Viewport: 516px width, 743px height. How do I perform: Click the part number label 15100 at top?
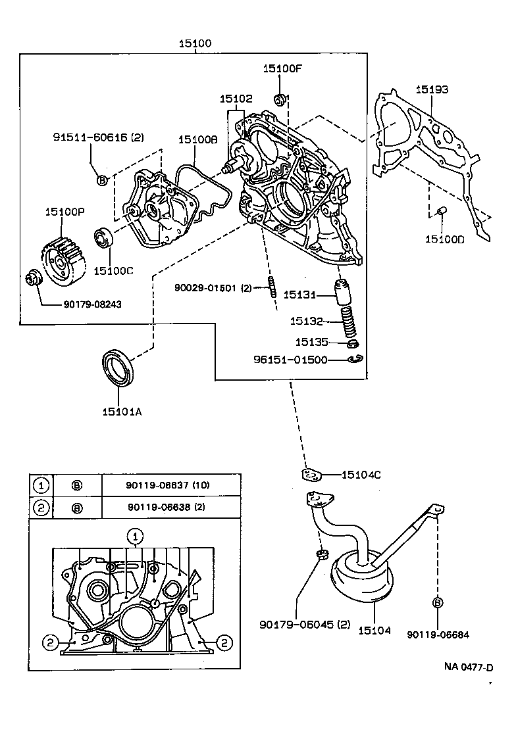pyautogui.click(x=195, y=44)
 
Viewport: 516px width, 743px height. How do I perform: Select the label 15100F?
pyautogui.click(x=281, y=69)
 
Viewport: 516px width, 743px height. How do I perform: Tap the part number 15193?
pyautogui.click(x=432, y=89)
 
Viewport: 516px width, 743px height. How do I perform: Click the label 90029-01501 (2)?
pyautogui.click(x=213, y=288)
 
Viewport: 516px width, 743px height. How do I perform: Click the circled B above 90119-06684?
pyautogui.click(x=437, y=602)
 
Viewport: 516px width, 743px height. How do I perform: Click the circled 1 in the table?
pyautogui.click(x=41, y=485)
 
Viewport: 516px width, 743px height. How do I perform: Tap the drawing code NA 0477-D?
pyautogui.click(x=468, y=667)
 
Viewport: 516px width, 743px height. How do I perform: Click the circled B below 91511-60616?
pyautogui.click(x=102, y=180)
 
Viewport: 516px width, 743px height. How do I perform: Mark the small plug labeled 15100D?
pyautogui.click(x=442, y=210)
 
